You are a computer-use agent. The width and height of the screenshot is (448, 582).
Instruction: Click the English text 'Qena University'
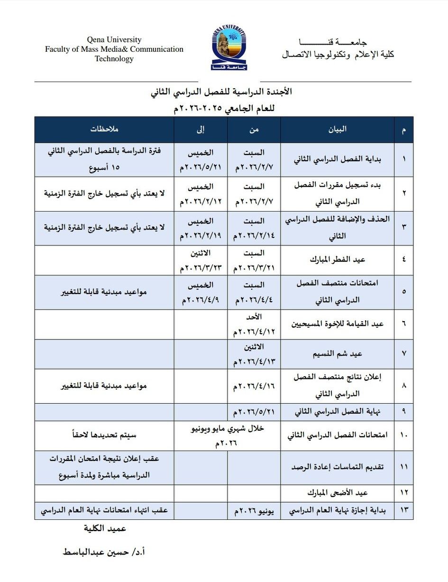click(x=114, y=40)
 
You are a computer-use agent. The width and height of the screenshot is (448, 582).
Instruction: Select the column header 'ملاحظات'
click(x=105, y=129)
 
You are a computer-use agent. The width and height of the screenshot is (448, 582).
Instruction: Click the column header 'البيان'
click(x=338, y=129)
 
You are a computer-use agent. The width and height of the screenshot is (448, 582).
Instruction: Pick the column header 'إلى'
click(x=201, y=129)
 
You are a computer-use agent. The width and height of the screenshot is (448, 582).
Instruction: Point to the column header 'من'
click(x=254, y=129)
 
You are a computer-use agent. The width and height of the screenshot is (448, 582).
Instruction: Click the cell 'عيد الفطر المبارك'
click(x=338, y=260)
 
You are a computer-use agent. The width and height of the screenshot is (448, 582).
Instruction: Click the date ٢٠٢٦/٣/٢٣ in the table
click(x=201, y=268)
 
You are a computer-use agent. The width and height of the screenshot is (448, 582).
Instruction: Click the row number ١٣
click(x=404, y=511)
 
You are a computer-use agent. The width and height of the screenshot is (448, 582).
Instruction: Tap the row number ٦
click(x=404, y=324)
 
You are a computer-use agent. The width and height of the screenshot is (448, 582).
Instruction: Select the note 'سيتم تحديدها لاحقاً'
click(x=105, y=434)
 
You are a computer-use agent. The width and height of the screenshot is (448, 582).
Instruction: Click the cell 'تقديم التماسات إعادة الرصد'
click(x=338, y=467)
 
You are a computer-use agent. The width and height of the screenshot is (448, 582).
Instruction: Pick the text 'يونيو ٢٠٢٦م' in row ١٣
click(x=254, y=511)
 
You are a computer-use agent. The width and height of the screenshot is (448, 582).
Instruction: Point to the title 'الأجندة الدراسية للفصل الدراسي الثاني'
click(x=221, y=92)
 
